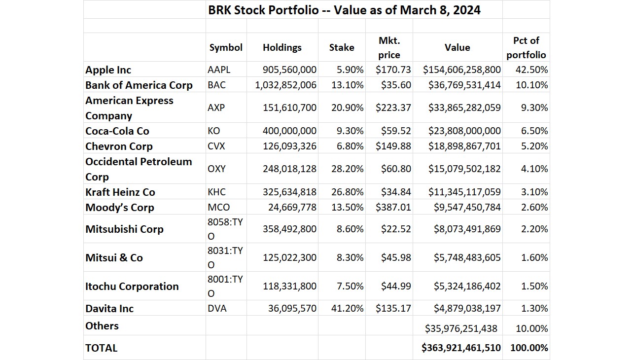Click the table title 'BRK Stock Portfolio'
pyautogui.click(x=344, y=10)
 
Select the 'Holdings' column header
pyautogui.click(x=282, y=47)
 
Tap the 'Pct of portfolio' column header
pyautogui.click(x=526, y=47)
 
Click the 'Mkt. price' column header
pyautogui.click(x=389, y=47)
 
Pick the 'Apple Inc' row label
pyautogui.click(x=108, y=70)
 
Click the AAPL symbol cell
pyautogui.click(x=219, y=70)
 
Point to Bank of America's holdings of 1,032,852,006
pyautogui.click(x=285, y=85)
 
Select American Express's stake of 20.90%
pyautogui.click(x=347, y=108)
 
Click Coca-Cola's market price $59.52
pyautogui.click(x=396, y=131)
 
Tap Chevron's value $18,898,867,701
pyautogui.click(x=461, y=146)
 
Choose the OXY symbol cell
pyautogui.click(x=216, y=169)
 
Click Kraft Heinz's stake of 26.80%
pyautogui.click(x=347, y=192)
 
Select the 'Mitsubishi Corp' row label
pyautogui.click(x=124, y=229)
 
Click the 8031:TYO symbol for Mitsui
pyautogui.click(x=225, y=257)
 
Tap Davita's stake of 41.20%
pyautogui.click(x=347, y=308)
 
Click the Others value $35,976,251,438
pyautogui.click(x=461, y=328)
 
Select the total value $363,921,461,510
pyautogui.click(x=461, y=348)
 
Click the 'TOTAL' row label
pyautogui.click(x=102, y=348)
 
